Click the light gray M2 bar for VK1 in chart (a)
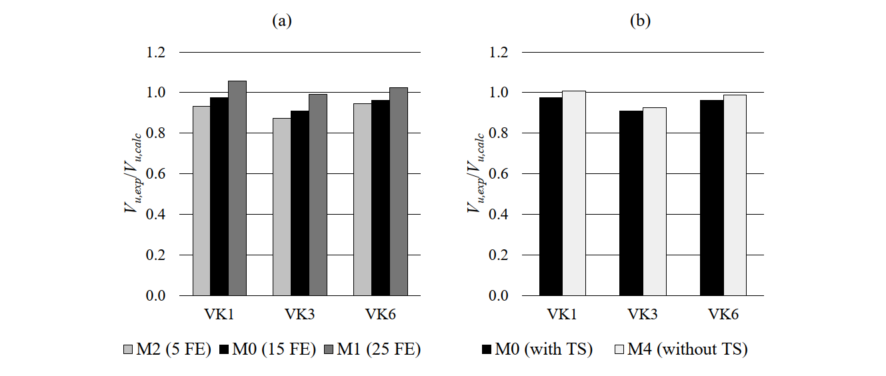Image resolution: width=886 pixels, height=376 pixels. click(x=201, y=201)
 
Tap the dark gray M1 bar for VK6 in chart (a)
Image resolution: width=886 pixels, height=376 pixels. click(x=399, y=191)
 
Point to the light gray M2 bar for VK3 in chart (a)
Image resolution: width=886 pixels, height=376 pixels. click(x=281, y=207)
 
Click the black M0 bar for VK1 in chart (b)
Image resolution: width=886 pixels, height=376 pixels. click(x=551, y=197)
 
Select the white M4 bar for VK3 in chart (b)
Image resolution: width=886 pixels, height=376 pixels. click(x=655, y=201)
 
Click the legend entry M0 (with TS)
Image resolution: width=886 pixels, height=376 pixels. click(x=537, y=349)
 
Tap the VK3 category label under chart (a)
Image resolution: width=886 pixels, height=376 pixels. click(x=299, y=313)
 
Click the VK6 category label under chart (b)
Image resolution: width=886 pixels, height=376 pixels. click(x=723, y=313)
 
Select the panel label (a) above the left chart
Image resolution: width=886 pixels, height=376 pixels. click(x=281, y=21)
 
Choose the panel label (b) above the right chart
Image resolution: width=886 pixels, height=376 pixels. click(x=640, y=21)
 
